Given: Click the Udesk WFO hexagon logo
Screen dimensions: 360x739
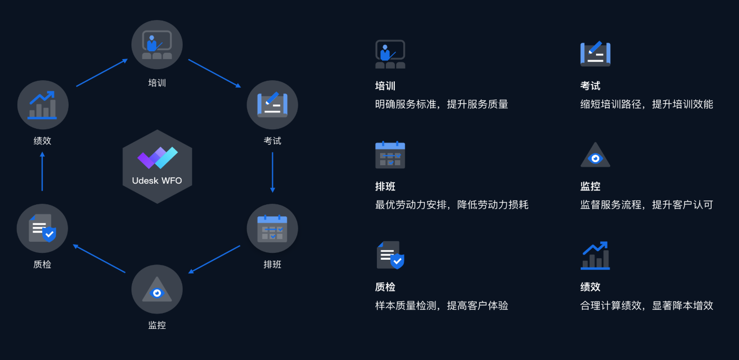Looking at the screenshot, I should click(157, 167).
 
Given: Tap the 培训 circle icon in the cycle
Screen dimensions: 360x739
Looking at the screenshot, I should click(157, 45).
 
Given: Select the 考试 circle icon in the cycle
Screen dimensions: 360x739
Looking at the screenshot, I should click(272, 105).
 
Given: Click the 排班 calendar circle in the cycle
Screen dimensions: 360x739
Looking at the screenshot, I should click(272, 229).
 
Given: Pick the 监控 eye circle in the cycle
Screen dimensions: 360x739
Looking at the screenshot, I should click(157, 289).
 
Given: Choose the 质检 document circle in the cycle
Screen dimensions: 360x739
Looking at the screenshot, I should click(42, 229).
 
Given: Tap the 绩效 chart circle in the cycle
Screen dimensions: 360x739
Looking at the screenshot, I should click(42, 105).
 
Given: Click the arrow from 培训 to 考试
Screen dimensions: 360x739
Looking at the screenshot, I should click(214, 73).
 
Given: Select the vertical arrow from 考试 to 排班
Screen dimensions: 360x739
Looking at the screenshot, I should click(272, 172).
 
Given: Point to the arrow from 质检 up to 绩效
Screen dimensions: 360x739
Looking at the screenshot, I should click(42, 172).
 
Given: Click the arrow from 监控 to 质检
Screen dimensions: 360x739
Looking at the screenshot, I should click(99, 259).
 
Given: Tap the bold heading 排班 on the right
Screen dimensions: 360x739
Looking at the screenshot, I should click(385, 186).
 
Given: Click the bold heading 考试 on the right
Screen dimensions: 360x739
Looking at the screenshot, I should click(590, 86).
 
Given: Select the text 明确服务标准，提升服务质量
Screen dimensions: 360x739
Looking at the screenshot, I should click(441, 105).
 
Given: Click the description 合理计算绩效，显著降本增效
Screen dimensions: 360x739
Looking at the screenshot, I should click(647, 306).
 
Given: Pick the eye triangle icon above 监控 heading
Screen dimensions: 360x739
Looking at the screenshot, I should click(595, 155).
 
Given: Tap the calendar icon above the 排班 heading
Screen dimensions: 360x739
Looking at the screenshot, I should click(390, 155).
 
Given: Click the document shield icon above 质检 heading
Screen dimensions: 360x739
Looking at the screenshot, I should click(390, 255).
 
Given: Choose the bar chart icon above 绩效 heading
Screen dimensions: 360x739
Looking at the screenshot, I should click(595, 255).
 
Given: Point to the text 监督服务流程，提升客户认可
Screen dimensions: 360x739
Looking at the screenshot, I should click(647, 205).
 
